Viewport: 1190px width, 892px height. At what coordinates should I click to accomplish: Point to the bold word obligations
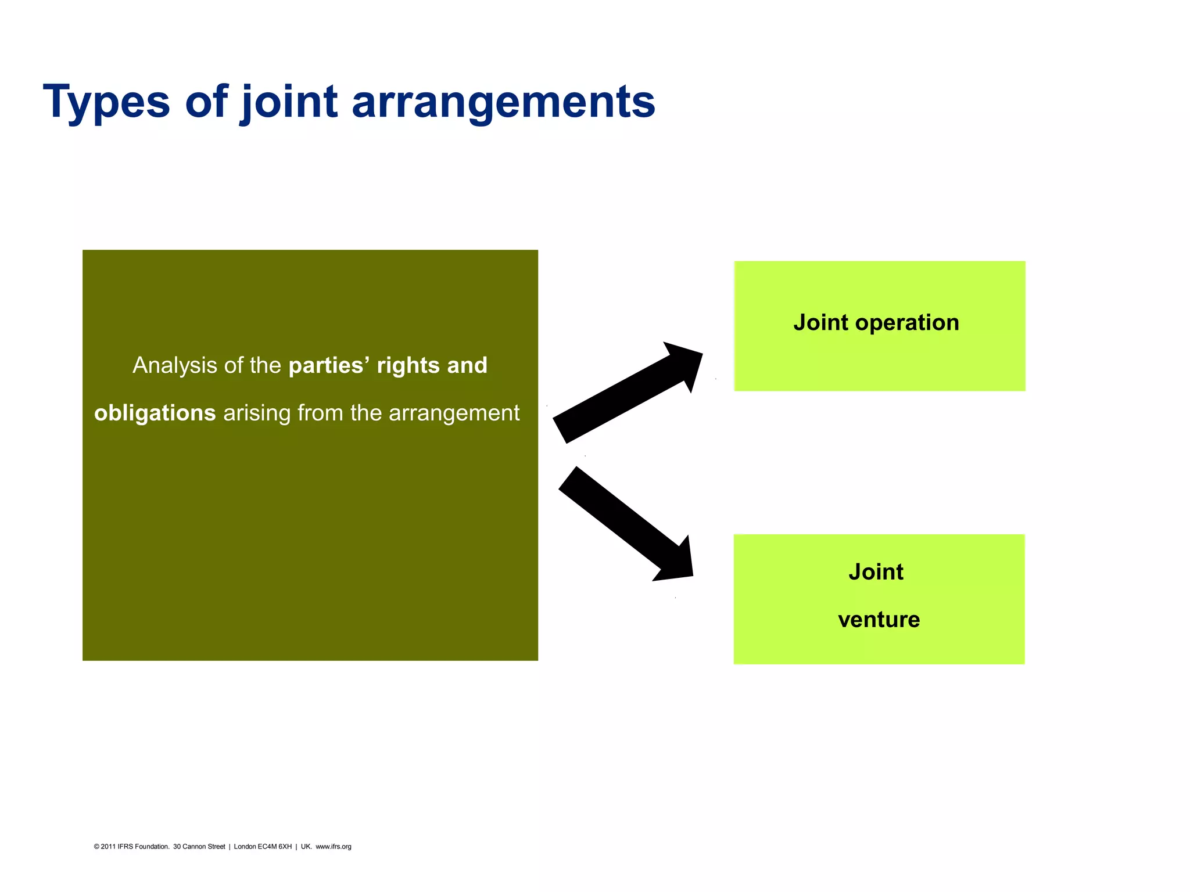click(x=155, y=413)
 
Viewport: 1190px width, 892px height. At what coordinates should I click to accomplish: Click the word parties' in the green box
click(x=329, y=365)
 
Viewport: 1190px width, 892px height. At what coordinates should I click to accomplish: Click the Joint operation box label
click(x=876, y=323)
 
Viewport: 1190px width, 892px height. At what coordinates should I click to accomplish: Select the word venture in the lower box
click(x=879, y=620)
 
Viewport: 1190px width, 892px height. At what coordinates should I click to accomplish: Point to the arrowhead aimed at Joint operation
click(x=686, y=363)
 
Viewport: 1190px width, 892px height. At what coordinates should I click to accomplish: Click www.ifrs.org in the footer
click(x=333, y=847)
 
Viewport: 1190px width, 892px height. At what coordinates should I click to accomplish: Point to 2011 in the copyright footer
click(x=108, y=847)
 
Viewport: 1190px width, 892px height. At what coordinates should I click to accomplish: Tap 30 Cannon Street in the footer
click(x=199, y=847)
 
